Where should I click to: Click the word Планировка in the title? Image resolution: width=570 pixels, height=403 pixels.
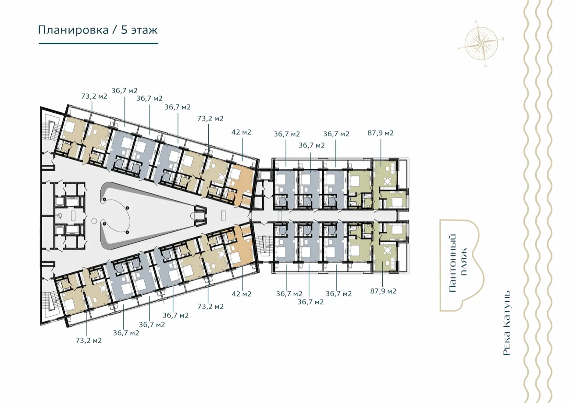(x=73, y=30)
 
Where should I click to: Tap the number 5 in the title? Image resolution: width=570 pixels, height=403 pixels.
(x=124, y=30)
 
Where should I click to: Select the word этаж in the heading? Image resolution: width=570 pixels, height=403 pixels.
(x=145, y=31)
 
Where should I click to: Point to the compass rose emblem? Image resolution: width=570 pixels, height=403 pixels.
(x=481, y=44)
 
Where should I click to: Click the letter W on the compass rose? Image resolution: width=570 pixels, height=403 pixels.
(x=502, y=39)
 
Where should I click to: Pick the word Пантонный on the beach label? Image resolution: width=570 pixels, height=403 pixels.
(x=452, y=263)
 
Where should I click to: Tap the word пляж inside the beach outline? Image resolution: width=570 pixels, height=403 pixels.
(x=464, y=262)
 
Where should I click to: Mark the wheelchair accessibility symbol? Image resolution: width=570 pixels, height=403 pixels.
(x=60, y=216)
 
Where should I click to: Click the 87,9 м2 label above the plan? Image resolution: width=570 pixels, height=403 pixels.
(x=381, y=133)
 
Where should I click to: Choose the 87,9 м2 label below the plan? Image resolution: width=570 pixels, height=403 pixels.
(x=383, y=291)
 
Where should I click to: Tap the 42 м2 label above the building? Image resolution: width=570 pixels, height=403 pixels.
(x=241, y=132)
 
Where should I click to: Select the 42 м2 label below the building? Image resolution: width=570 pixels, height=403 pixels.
(x=242, y=294)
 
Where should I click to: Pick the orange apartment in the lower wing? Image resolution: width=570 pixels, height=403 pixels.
(x=242, y=247)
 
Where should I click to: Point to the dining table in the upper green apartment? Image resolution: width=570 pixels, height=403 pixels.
(x=388, y=182)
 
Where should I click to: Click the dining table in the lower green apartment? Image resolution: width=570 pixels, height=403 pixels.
(x=387, y=251)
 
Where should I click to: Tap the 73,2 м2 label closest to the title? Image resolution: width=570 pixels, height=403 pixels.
(x=94, y=96)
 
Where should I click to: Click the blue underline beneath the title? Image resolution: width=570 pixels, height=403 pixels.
(x=99, y=43)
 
